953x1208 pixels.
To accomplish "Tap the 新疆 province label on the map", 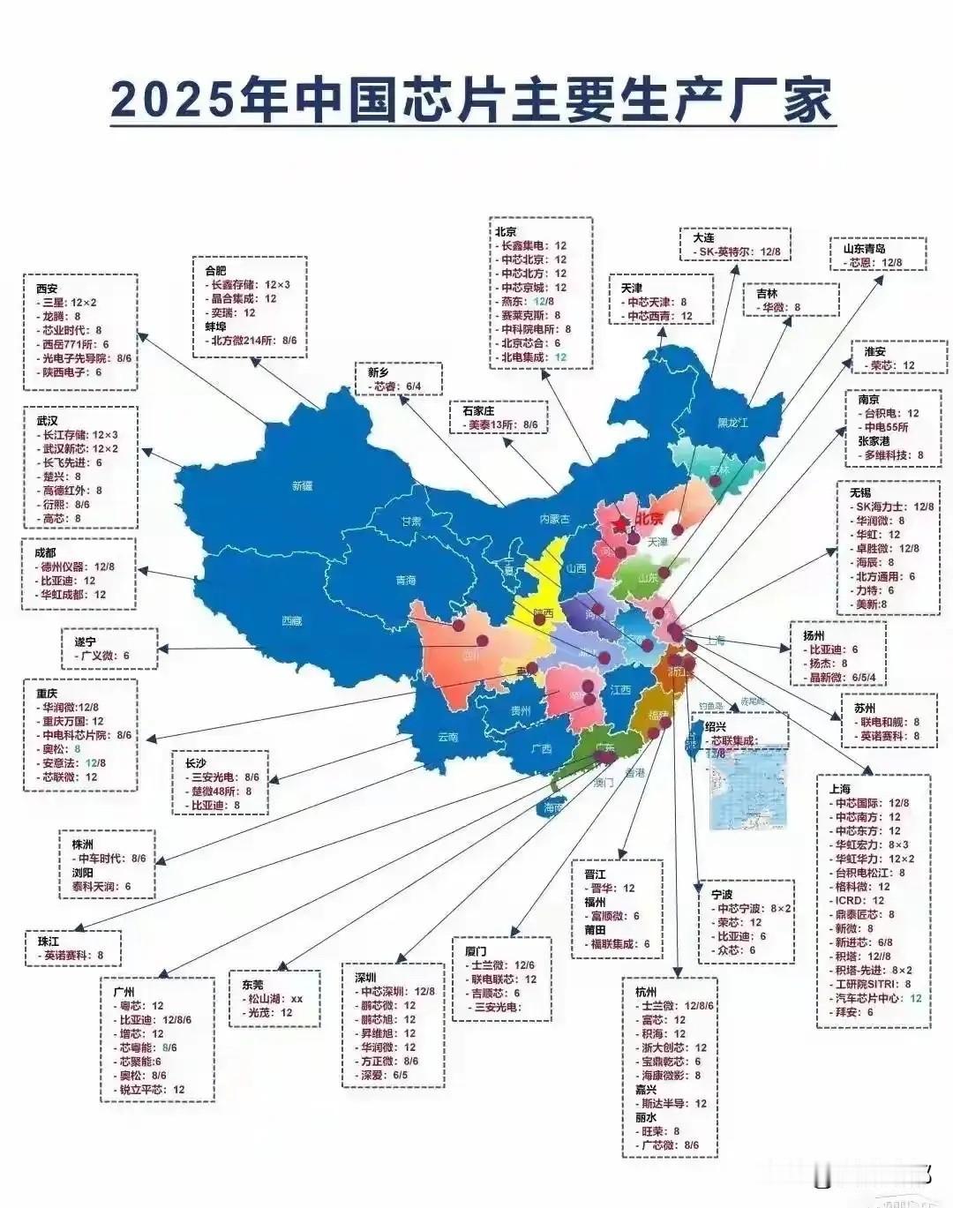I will pyautogui.click(x=302, y=485).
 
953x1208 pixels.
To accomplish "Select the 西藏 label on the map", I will pyautogui.click(x=291, y=621).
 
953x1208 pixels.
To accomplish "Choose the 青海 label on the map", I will pyautogui.click(x=405, y=581).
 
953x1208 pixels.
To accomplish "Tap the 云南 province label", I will pyautogui.click(x=447, y=737).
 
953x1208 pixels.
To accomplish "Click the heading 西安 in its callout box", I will pyautogui.click(x=48, y=289).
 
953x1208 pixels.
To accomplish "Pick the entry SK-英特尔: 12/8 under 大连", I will pyautogui.click(x=737, y=251).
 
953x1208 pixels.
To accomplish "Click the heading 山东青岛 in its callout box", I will pyautogui.click(x=864, y=249).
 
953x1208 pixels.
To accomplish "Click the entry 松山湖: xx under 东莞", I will pyautogui.click(x=271, y=999).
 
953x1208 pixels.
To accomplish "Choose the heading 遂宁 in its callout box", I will pyautogui.click(x=86, y=642).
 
